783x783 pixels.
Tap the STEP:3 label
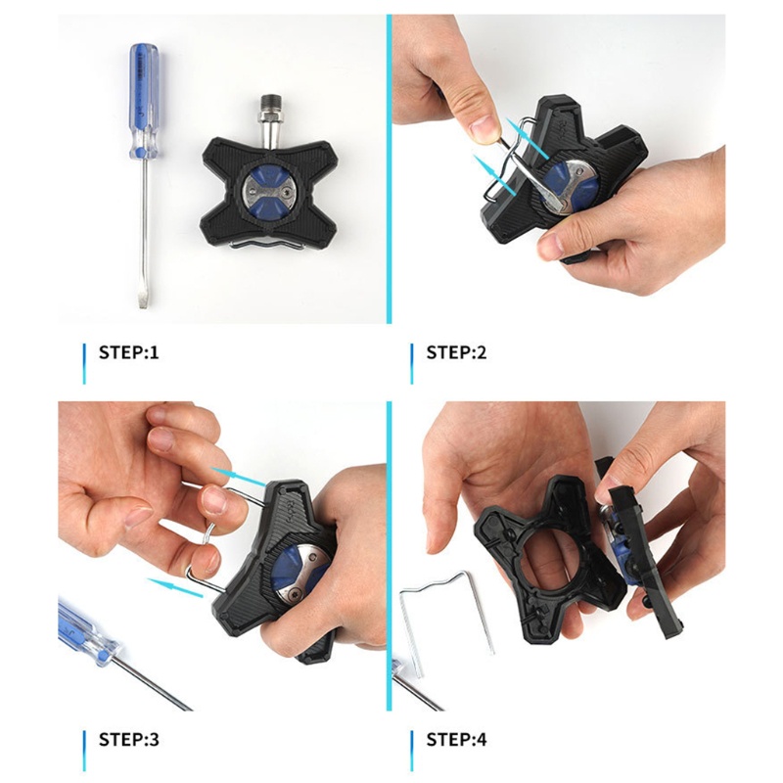(x=128, y=739)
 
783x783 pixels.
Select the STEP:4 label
(x=456, y=739)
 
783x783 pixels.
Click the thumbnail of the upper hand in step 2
(x=484, y=125)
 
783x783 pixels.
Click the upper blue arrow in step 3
(x=239, y=477)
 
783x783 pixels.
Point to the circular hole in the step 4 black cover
(x=547, y=553)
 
